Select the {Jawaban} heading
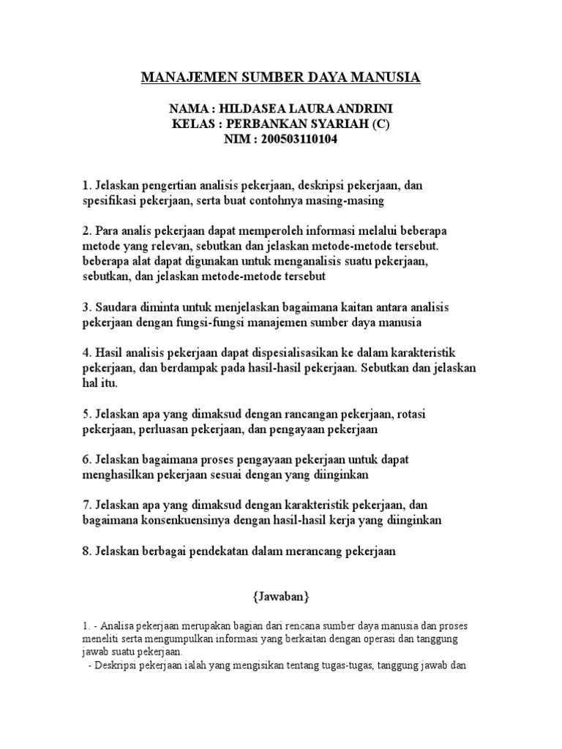(x=281, y=597)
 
